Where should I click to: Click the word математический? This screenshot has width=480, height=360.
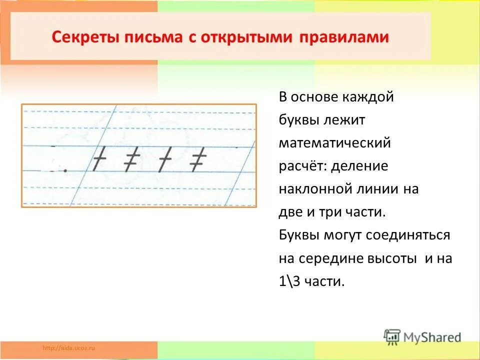pos(334,143)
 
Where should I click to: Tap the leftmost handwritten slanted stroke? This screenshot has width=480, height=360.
pos(100,159)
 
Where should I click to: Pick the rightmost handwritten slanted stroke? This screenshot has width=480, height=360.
pos(198,159)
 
